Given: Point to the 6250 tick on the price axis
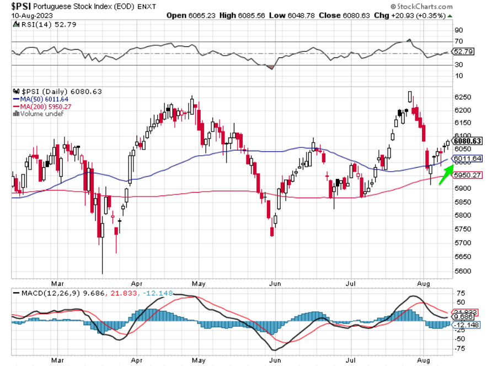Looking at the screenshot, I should coord(462,97).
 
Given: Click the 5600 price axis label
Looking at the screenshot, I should coord(462,271).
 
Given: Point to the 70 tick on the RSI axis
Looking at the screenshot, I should coord(458,41).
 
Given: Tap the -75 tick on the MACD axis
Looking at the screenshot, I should coord(461,348).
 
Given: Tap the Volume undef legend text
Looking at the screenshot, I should coord(40,113).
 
